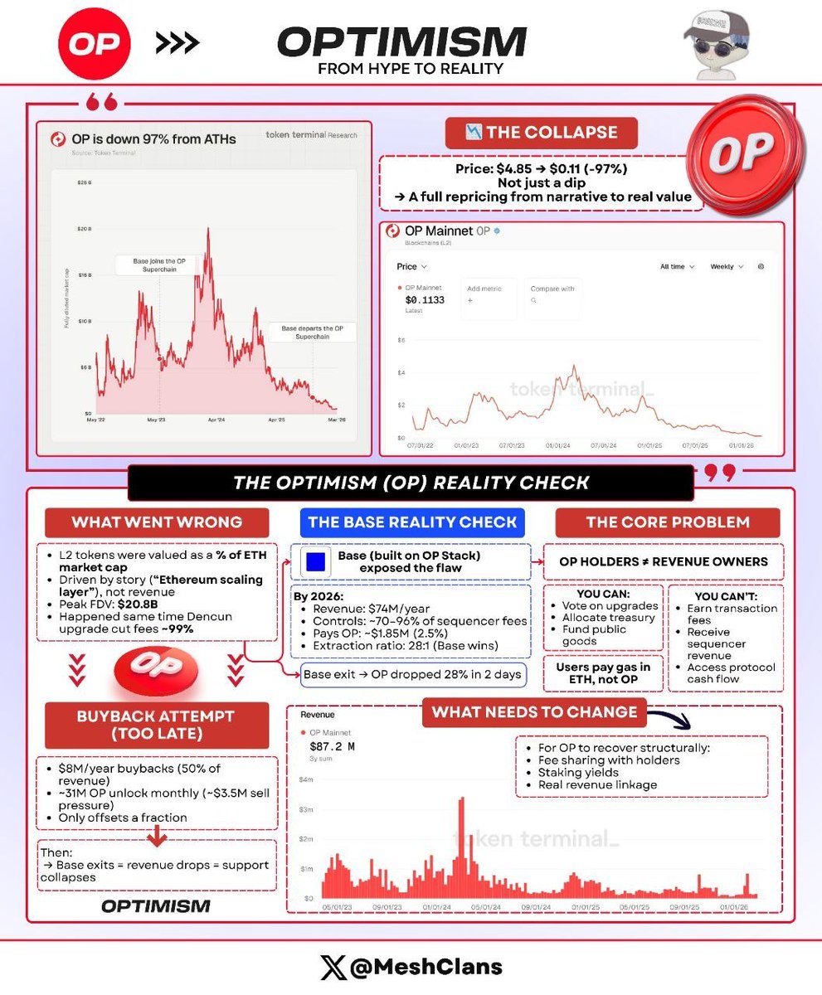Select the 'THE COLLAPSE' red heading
click(x=541, y=133)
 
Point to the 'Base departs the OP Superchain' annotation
click(x=313, y=332)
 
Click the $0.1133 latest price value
click(x=425, y=300)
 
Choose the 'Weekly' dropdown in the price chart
click(x=726, y=267)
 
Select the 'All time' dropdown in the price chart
click(x=677, y=267)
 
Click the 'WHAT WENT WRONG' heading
click(x=157, y=522)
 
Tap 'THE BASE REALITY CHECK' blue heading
click(x=412, y=522)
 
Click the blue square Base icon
click(x=314, y=561)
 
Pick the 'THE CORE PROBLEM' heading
click(x=667, y=522)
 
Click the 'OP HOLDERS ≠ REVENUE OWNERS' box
click(x=663, y=561)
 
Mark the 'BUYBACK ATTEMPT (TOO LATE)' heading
click(x=157, y=724)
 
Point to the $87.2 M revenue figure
click(x=333, y=746)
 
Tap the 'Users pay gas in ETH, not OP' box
click(x=602, y=672)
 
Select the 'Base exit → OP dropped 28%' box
click(x=412, y=674)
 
